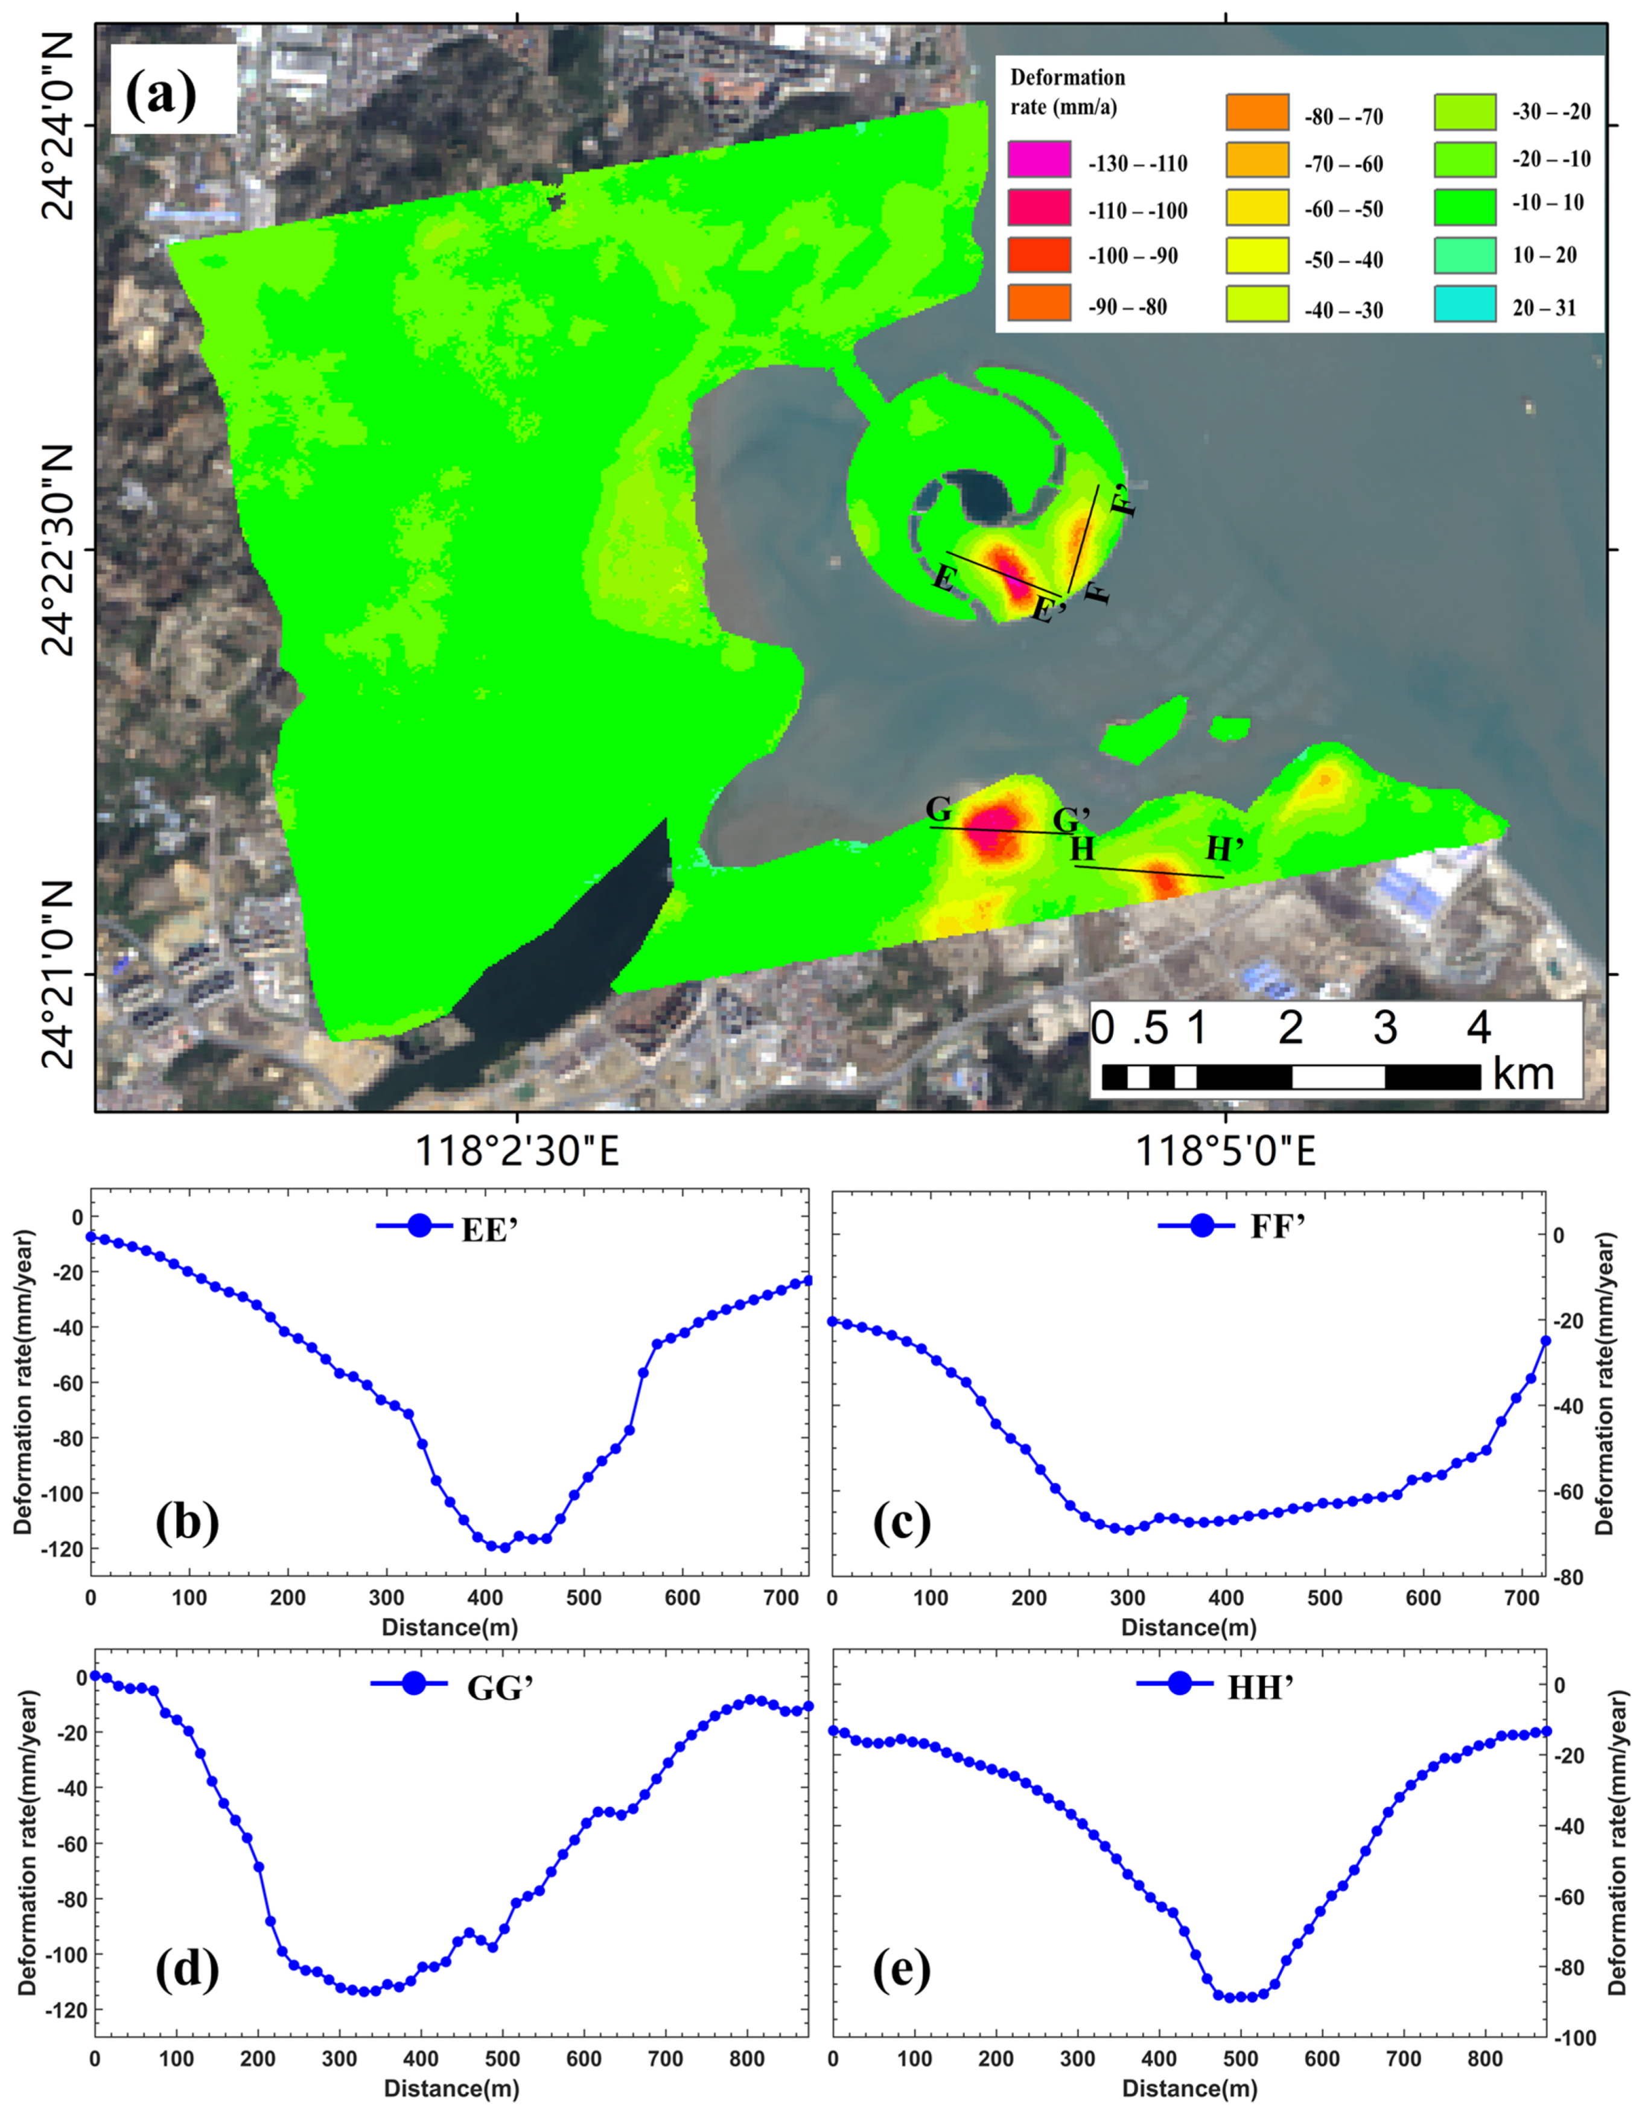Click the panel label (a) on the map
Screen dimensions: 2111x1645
161,91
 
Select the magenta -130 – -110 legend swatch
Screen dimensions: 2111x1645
1039,159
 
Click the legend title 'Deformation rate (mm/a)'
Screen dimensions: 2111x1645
1067,92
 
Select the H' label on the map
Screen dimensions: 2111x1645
1224,849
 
